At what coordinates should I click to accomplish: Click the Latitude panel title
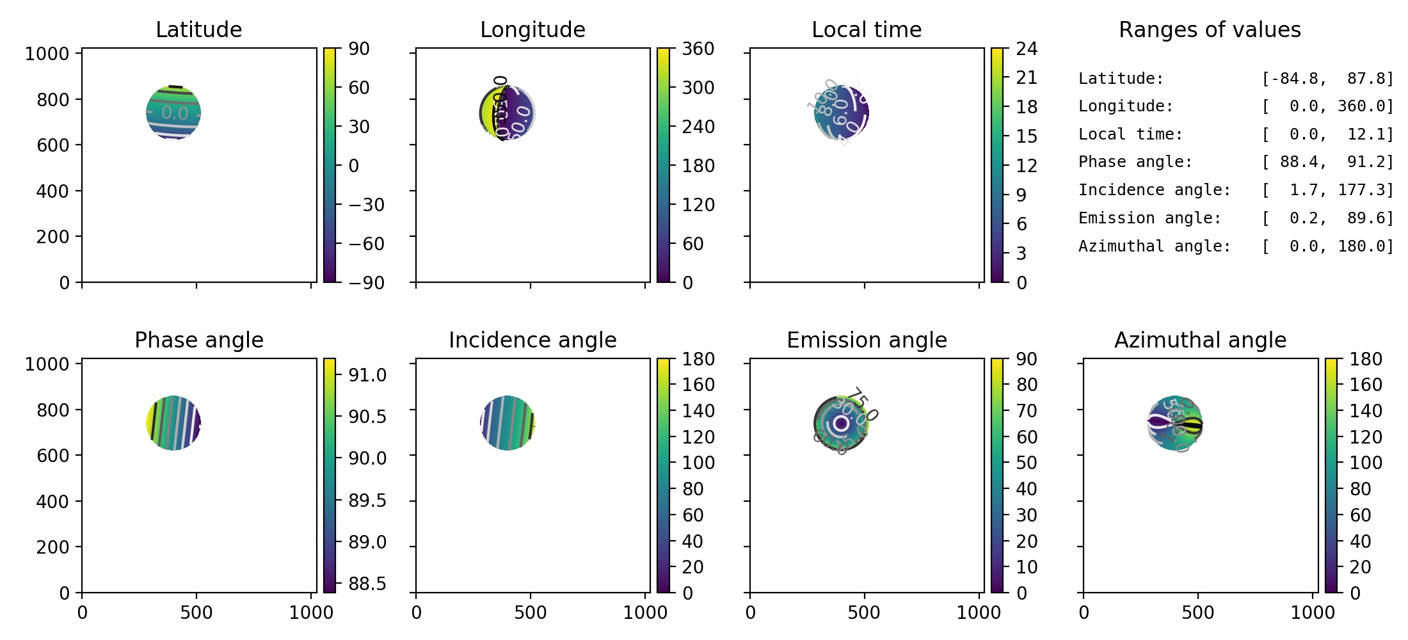point(198,29)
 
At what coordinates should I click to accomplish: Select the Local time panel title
point(866,29)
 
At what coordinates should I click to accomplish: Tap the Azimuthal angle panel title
point(1200,340)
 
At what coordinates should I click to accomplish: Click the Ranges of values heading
point(1209,29)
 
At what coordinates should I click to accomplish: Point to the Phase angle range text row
point(1235,162)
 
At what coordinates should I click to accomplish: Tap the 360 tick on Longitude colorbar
point(698,49)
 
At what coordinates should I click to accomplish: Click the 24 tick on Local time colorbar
point(1027,49)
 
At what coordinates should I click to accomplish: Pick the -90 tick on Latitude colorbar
point(366,282)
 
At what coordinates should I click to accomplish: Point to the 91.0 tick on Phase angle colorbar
point(367,375)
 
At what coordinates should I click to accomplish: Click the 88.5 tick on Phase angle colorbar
point(367,584)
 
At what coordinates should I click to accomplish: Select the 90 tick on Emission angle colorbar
point(1026,359)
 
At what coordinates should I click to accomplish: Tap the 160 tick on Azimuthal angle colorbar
point(1366,385)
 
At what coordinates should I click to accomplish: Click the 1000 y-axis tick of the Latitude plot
point(47,54)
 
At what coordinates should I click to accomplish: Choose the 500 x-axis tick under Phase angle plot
point(196,612)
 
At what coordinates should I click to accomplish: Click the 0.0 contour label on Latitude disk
point(174,113)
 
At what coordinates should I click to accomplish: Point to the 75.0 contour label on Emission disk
point(865,404)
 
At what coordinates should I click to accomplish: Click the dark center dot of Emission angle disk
point(841,423)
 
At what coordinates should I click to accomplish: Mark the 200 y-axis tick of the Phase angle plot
point(52,547)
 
